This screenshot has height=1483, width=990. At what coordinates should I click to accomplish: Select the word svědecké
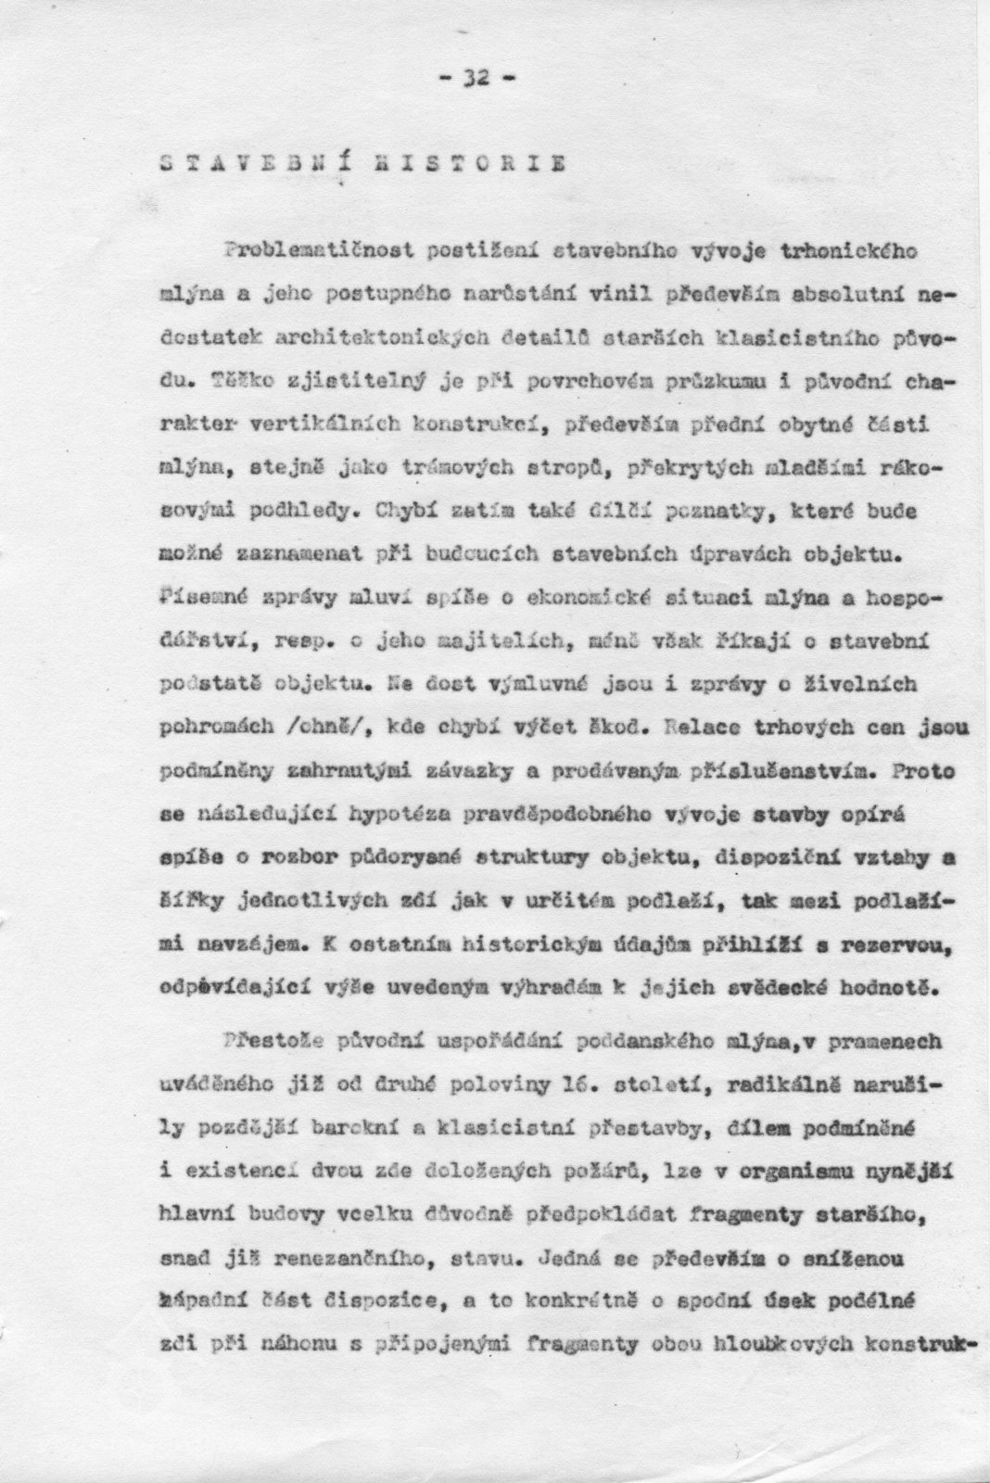775,989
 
